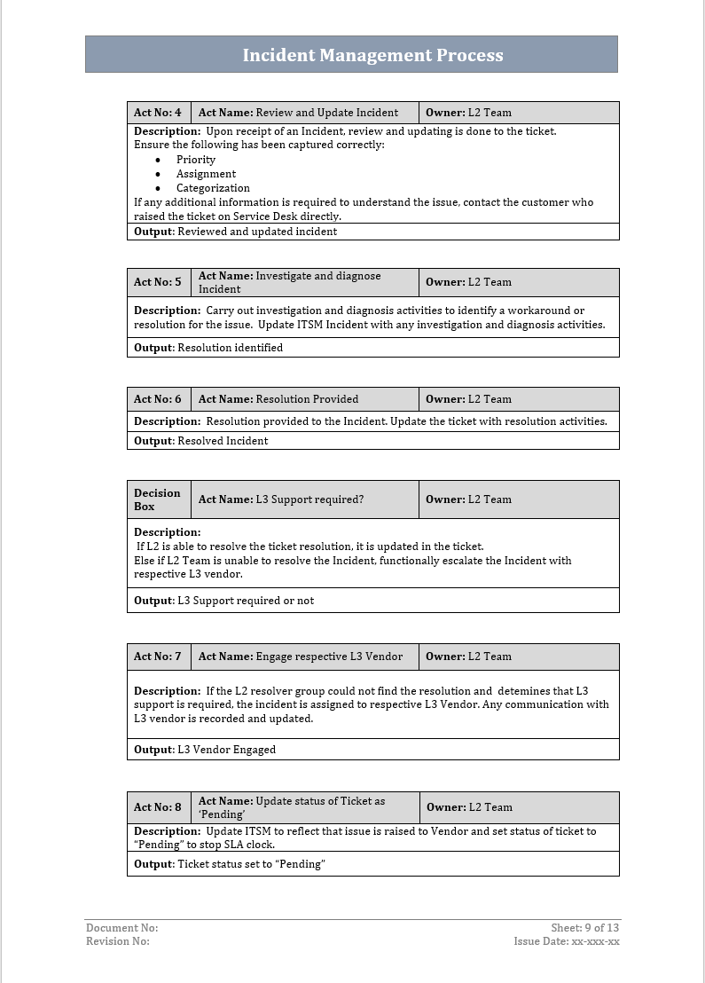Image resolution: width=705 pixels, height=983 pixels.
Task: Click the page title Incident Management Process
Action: tap(372, 55)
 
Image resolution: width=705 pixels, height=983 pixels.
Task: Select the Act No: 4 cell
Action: tap(158, 113)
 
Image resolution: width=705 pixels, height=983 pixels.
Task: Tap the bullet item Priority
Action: tap(196, 160)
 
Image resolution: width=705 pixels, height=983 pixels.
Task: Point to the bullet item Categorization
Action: tap(213, 188)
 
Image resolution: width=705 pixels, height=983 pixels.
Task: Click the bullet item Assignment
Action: tap(206, 174)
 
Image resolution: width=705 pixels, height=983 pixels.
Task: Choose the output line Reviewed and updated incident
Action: tap(236, 232)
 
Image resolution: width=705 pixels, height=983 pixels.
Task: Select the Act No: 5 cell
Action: tap(158, 282)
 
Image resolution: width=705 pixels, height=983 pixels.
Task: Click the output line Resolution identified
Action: tap(208, 348)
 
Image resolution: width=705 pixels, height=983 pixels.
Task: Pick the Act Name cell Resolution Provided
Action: tap(278, 399)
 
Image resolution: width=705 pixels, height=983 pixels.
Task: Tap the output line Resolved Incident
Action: tap(201, 441)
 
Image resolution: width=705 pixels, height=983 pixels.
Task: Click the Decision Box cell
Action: tap(157, 499)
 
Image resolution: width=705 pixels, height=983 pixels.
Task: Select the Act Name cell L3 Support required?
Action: tap(281, 499)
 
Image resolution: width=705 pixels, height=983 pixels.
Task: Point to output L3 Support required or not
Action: tap(224, 601)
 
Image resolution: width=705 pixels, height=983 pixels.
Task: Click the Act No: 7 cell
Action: tap(158, 657)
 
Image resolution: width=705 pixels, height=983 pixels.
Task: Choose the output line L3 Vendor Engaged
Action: tap(205, 750)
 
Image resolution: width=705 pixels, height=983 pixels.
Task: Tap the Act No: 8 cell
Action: tap(158, 807)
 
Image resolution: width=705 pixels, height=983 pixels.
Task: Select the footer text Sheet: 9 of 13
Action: tap(584, 928)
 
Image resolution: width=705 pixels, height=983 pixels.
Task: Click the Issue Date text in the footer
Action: tap(567, 941)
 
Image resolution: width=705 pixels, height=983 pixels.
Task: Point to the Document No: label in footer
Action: tap(121, 928)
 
